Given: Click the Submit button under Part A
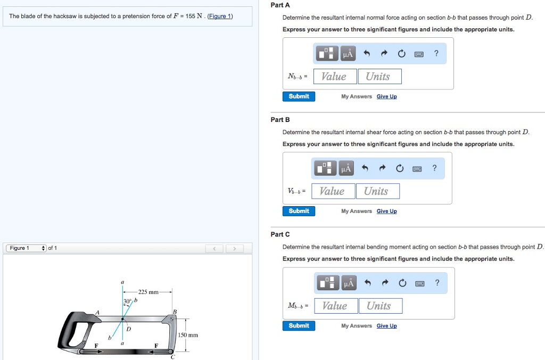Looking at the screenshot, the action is pyautogui.click(x=299, y=96).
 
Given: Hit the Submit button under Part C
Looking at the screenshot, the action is pyautogui.click(x=299, y=325).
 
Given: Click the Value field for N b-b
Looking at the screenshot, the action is pyautogui.click(x=335, y=77).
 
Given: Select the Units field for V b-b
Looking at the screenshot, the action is pyautogui.click(x=377, y=191).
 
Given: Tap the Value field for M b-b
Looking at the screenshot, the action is pyautogui.click(x=336, y=306).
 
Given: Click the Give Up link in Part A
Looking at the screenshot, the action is pyautogui.click(x=386, y=96).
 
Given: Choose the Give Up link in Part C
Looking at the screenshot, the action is pyautogui.click(x=386, y=325).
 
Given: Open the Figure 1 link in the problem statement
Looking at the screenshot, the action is pyautogui.click(x=220, y=16).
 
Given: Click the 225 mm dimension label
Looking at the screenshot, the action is pyautogui.click(x=148, y=292).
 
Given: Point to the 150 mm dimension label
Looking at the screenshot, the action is pyautogui.click(x=188, y=335).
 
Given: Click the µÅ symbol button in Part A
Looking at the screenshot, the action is pyautogui.click(x=348, y=54).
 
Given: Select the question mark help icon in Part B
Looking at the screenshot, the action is pyautogui.click(x=434, y=168).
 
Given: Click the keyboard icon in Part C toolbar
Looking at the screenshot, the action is pyautogui.click(x=420, y=283).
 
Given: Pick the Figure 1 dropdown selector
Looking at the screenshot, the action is pyautogui.click(x=26, y=248).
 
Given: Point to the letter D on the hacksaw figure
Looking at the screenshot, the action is pyautogui.click(x=129, y=329).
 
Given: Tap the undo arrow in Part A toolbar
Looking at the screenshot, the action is pyautogui.click(x=367, y=53).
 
